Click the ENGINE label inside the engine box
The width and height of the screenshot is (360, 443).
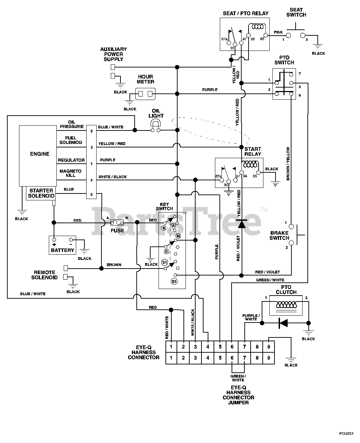pos(40,154)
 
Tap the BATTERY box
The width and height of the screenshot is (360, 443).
pos(62,245)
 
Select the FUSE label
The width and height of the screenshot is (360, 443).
pos(117,230)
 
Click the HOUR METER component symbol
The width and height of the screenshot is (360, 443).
pos(145,94)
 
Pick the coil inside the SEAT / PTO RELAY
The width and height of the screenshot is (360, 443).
pos(257,27)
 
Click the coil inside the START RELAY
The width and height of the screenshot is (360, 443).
pos(250,164)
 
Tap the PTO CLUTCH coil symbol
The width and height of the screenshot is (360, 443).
pos(286,305)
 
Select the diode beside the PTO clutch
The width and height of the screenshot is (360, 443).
pos(283,323)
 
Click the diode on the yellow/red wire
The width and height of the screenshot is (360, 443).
pos(242,224)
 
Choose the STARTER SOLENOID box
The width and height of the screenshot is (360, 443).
pos(41,193)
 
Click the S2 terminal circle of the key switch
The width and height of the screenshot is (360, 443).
pos(174,281)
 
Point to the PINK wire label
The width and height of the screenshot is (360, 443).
pos(278,32)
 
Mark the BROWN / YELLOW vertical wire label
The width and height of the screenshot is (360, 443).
pos(288,164)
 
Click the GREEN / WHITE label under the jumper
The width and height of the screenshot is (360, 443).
pos(238,378)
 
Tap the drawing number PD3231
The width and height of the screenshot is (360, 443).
pos(346,433)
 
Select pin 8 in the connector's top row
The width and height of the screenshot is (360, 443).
pos(257,347)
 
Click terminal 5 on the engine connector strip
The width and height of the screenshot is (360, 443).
pos(91,131)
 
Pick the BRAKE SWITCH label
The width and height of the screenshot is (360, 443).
pos(279,235)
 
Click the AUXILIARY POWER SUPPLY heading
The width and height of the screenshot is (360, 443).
pos(114,54)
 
